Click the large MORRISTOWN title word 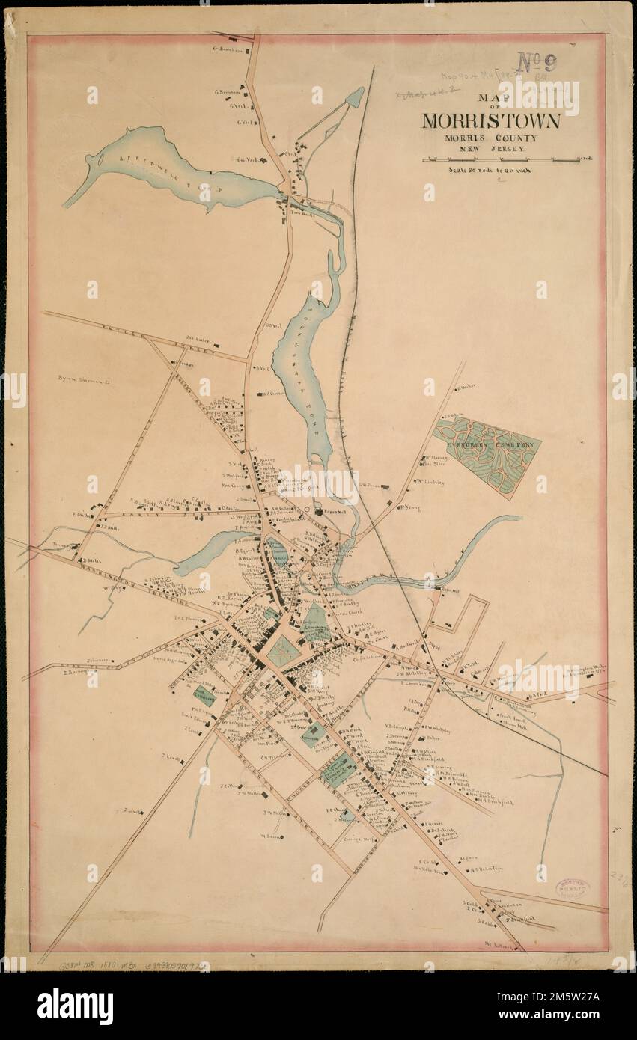click(x=490, y=120)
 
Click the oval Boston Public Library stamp click(x=572, y=888)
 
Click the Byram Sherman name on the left click(x=84, y=381)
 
